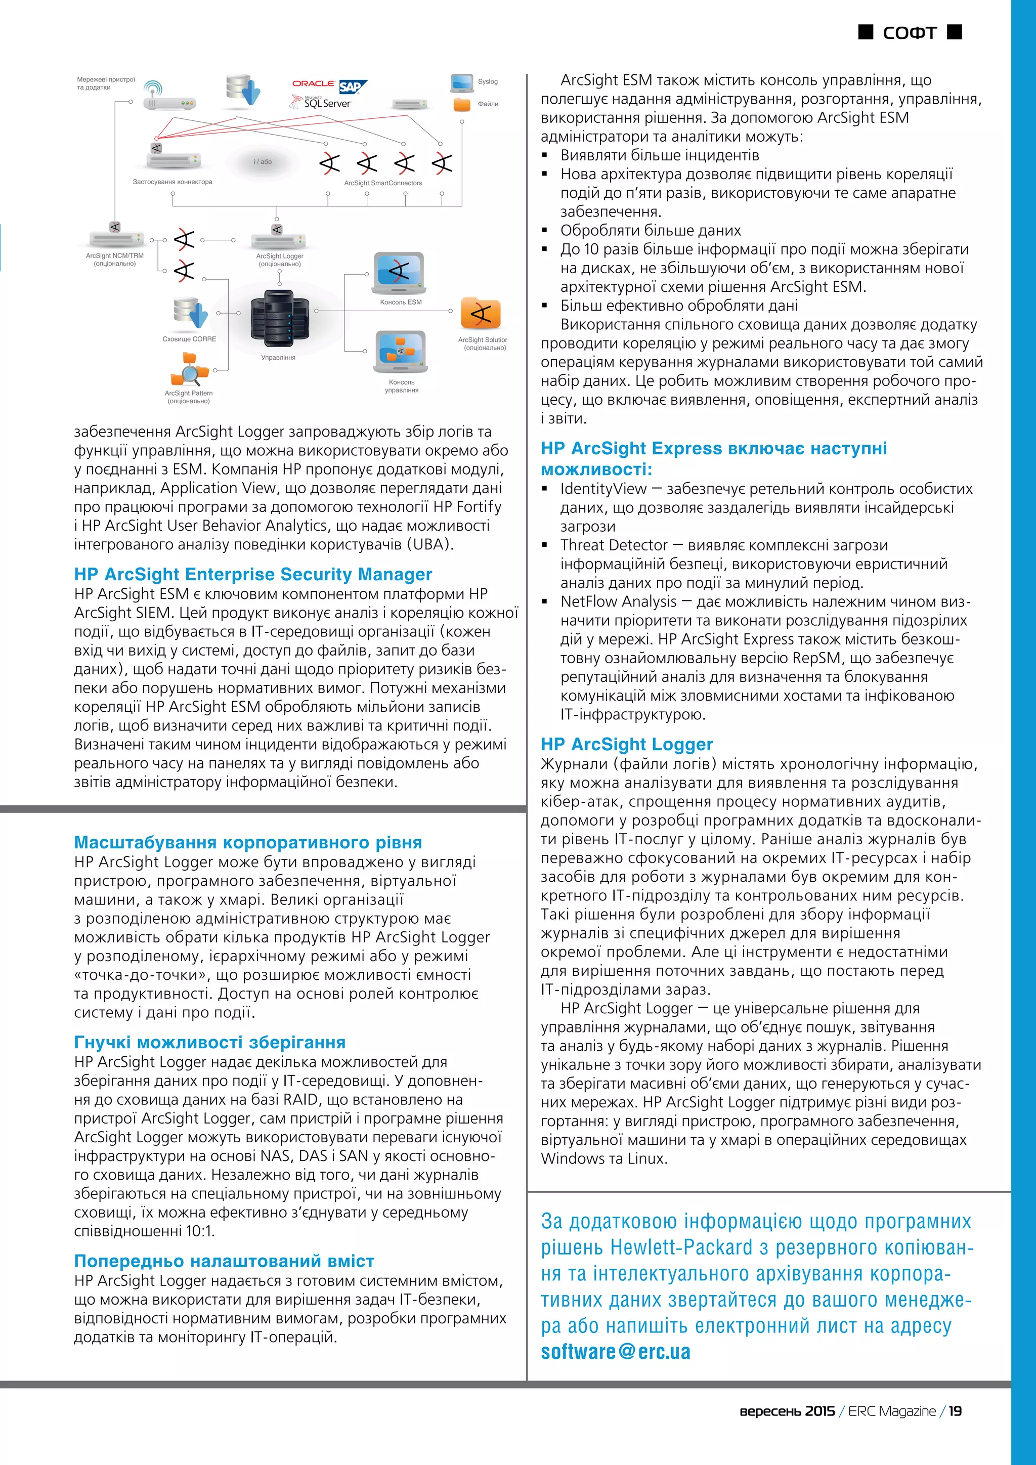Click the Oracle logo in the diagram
(x=313, y=83)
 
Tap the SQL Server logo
(x=322, y=102)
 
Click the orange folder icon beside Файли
(x=462, y=104)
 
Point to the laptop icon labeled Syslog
(x=462, y=82)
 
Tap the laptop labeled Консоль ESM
(x=399, y=273)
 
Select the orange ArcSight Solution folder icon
(x=481, y=313)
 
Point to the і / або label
(x=262, y=162)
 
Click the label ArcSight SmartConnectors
(x=383, y=183)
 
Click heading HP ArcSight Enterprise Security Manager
(x=252, y=574)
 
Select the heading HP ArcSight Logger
(x=626, y=744)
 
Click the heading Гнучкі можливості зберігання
(x=209, y=1042)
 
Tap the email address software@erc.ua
(x=615, y=1351)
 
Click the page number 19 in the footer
(x=955, y=1411)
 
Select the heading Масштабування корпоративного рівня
(x=247, y=842)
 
